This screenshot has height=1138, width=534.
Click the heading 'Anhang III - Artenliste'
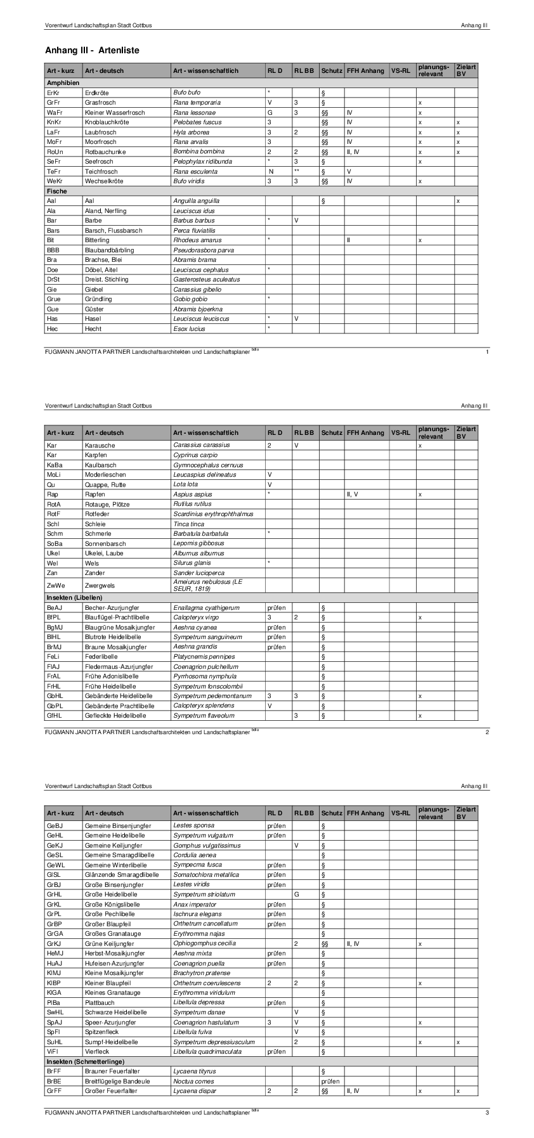[x=92, y=50]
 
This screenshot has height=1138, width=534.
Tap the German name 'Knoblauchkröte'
[x=107, y=122]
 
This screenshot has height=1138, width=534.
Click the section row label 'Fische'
[x=56, y=191]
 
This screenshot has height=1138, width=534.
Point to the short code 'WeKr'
[x=55, y=181]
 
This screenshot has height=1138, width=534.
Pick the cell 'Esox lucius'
[x=189, y=328]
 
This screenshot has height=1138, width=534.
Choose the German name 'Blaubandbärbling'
[x=110, y=250]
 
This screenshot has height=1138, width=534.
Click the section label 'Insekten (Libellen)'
[x=74, y=597]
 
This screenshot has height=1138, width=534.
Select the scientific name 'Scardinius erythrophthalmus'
[x=213, y=514]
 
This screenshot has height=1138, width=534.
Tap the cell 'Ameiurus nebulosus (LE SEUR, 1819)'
[x=208, y=585]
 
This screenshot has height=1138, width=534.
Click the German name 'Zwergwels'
[x=100, y=585]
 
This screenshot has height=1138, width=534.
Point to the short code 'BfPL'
[x=54, y=617]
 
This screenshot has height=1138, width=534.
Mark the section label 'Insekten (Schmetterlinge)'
[x=85, y=1061]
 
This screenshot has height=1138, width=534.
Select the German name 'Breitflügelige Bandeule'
[x=117, y=1081]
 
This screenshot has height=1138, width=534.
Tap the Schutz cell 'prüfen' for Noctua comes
[x=330, y=1081]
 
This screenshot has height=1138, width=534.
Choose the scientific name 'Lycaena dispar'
[x=194, y=1091]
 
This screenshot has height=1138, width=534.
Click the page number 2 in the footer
[x=486, y=732]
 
